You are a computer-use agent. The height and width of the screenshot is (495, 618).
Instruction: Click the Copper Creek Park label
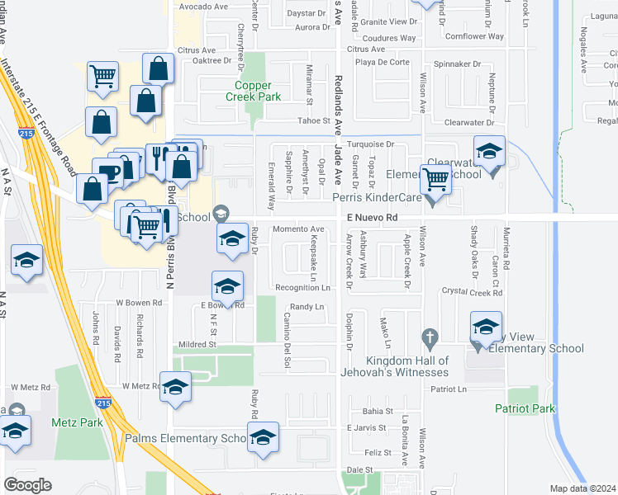tap(258, 91)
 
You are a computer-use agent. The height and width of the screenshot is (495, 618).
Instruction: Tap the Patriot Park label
tap(525, 408)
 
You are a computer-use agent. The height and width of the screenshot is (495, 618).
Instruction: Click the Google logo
tap(27, 484)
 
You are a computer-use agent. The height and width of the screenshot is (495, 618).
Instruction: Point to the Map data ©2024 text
tap(582, 488)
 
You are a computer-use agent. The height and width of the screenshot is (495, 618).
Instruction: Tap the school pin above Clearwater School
tap(490, 153)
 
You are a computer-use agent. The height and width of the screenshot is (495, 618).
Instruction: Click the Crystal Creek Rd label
tap(473, 292)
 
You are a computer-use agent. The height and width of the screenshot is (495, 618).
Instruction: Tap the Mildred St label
tap(195, 343)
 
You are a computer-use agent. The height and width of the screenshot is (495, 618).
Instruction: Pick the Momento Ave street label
tap(299, 229)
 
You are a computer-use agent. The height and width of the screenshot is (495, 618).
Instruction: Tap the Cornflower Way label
tap(474, 36)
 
